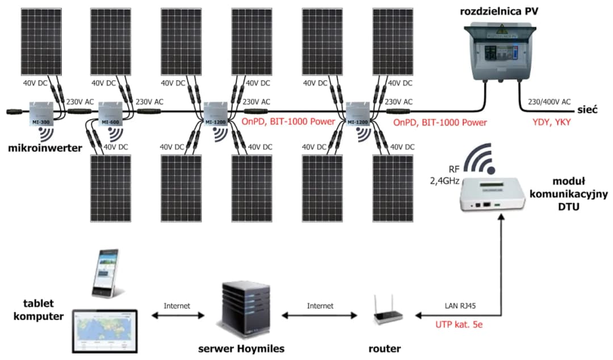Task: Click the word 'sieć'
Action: tap(589, 110)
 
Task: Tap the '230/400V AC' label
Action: tap(550, 102)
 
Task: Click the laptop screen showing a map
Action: tap(104, 330)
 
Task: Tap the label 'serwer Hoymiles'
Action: tap(241, 348)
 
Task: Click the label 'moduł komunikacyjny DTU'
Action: tap(568, 194)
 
